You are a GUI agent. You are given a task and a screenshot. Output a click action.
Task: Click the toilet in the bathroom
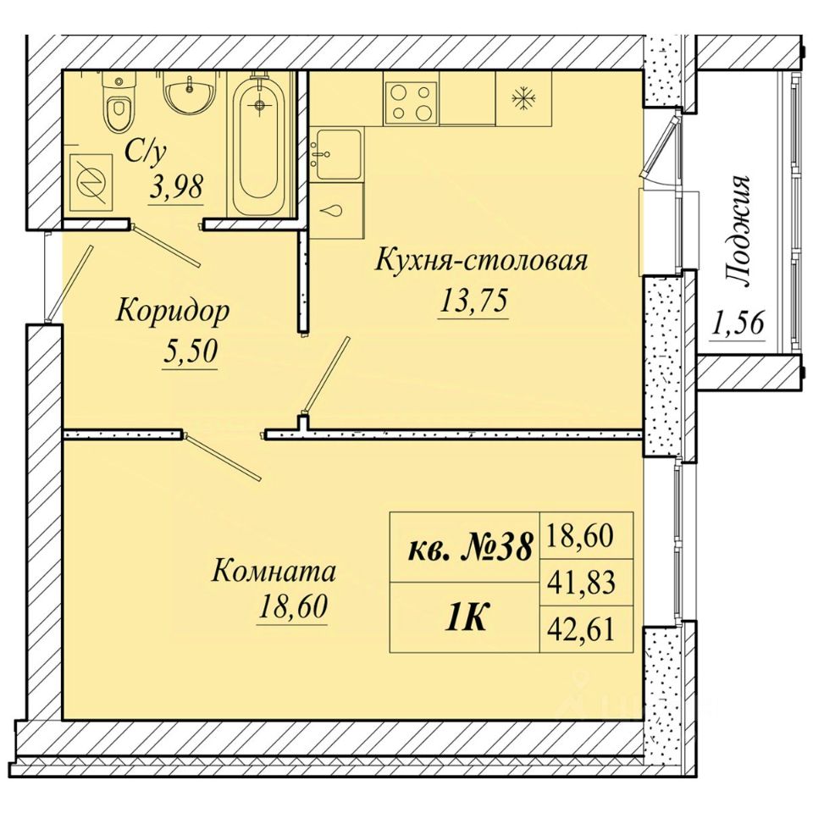coord(119,102)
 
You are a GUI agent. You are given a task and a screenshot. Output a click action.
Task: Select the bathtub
coord(260,144)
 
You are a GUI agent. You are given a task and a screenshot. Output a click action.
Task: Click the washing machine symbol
coord(91,182)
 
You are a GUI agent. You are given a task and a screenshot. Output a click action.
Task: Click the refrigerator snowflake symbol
coord(523,98)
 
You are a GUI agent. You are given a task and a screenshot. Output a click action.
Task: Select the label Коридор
coord(173,311)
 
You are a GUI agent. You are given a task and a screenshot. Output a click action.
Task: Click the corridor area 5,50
coord(189,352)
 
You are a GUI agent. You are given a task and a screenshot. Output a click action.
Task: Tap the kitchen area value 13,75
coord(473,302)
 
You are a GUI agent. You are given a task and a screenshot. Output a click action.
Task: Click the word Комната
coord(274,572)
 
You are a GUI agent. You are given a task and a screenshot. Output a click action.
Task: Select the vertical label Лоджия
coord(738,231)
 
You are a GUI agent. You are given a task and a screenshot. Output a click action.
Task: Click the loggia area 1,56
coord(738,325)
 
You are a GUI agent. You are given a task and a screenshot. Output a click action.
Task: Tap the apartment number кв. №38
coord(471,548)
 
